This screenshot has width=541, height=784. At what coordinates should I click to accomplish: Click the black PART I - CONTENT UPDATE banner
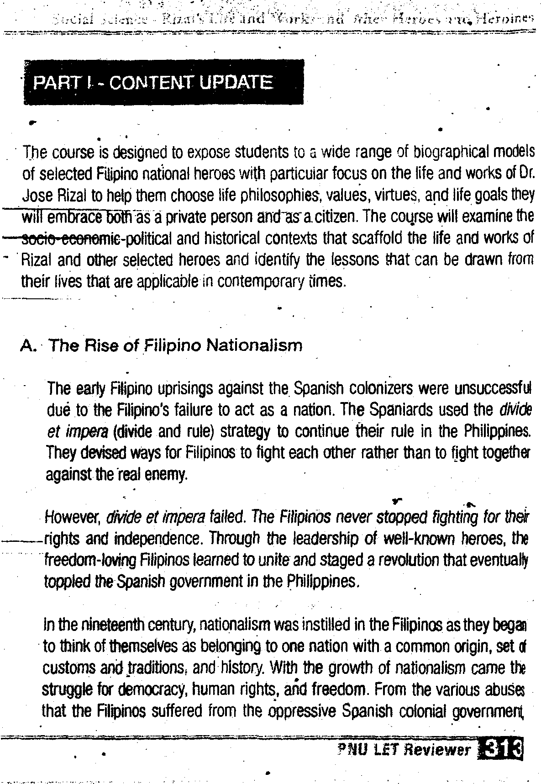pyautogui.click(x=163, y=82)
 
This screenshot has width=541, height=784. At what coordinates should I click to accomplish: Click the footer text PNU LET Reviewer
pyautogui.click(x=404, y=749)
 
